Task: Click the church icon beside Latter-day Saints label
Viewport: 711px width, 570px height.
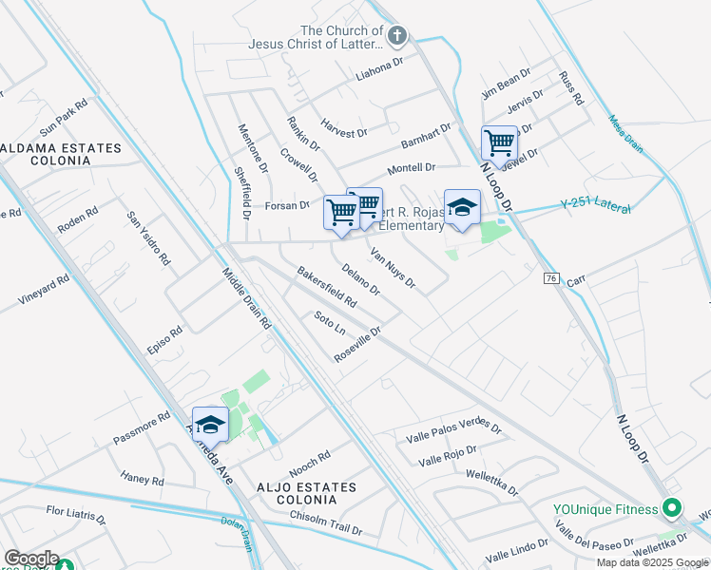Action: tap(397, 36)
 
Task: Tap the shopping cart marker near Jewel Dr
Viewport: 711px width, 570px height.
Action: tap(499, 143)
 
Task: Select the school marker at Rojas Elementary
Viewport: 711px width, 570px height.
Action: tap(462, 208)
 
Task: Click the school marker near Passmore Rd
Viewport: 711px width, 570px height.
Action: tap(210, 425)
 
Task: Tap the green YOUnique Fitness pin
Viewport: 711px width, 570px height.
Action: tap(673, 509)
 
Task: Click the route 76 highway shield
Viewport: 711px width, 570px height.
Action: tap(551, 277)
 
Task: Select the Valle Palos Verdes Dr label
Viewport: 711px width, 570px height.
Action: tap(453, 430)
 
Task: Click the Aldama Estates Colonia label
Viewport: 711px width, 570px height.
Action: tap(61, 156)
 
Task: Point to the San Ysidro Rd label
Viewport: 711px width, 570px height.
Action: tap(149, 237)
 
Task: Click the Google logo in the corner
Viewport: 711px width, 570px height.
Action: tap(30, 559)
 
